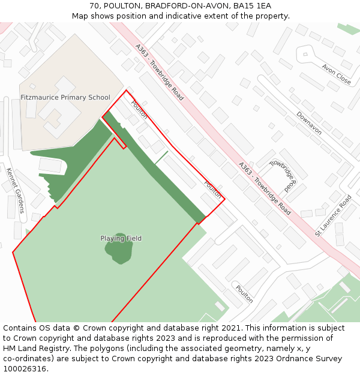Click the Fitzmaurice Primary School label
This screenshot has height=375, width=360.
coord(65,97)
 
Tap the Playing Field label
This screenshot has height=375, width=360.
coord(121,238)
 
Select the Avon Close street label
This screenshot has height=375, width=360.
coord(336,74)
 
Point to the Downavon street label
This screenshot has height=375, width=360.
coord(309,123)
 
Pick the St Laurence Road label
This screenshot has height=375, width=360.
coord(333,215)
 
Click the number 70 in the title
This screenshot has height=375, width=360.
coord(94,5)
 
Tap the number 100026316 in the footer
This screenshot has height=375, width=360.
coord(25,369)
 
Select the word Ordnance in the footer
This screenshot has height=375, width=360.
coord(272,359)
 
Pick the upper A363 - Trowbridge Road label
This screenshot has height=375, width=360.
coord(159,71)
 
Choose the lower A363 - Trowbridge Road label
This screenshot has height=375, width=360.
coord(264,188)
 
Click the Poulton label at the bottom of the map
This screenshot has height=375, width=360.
coord(244,293)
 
